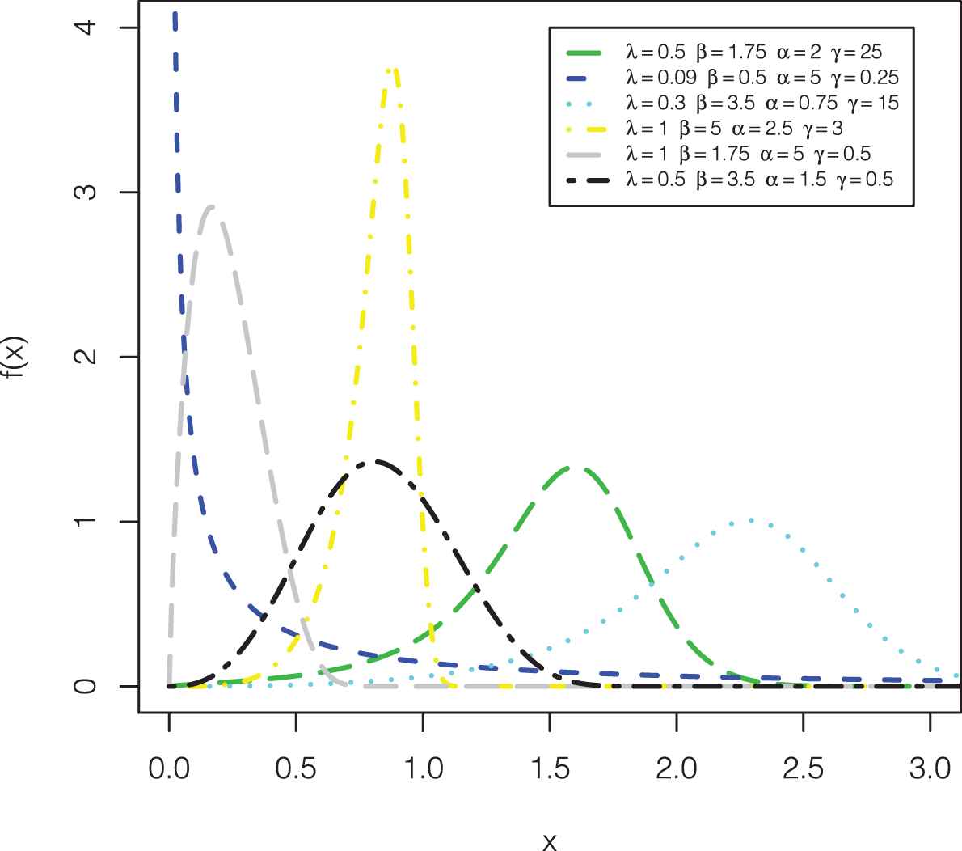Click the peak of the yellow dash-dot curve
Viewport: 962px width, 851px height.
(392, 70)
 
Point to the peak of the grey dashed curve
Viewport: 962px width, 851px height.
(211, 207)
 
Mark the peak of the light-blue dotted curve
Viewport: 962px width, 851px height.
(750, 520)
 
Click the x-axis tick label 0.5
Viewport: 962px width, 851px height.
(296, 768)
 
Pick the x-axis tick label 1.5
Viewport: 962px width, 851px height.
(550, 768)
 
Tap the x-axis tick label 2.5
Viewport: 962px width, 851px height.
(804, 768)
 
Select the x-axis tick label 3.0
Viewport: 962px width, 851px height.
(930, 768)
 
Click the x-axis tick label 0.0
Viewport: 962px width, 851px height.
(169, 768)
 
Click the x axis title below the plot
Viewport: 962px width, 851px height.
(550, 841)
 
